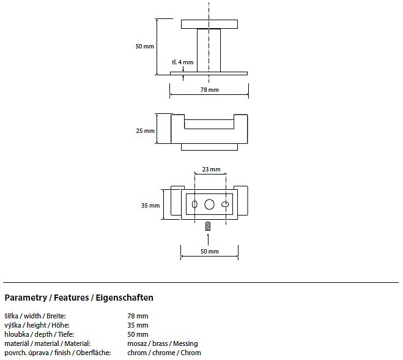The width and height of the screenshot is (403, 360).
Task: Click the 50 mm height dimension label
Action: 144,47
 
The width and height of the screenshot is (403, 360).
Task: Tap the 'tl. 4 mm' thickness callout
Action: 182,62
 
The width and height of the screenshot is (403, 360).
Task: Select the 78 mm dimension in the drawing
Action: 209,89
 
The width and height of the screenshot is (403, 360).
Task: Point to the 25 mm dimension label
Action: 145,131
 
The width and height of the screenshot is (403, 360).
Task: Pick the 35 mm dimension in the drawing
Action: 150,206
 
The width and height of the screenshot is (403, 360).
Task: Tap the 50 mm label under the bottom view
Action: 209,252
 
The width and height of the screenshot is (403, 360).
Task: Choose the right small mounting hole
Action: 224,204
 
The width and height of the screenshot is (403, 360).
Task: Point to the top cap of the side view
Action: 210,24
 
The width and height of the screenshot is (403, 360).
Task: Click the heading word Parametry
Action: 25,298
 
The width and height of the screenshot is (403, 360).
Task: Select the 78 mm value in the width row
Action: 138,316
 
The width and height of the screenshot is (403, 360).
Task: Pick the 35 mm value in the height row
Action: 138,325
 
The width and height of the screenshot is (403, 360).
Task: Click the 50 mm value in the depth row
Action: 138,334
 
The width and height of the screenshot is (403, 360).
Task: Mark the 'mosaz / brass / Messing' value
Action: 162,343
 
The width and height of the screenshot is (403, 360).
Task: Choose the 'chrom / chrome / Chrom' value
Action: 164,353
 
